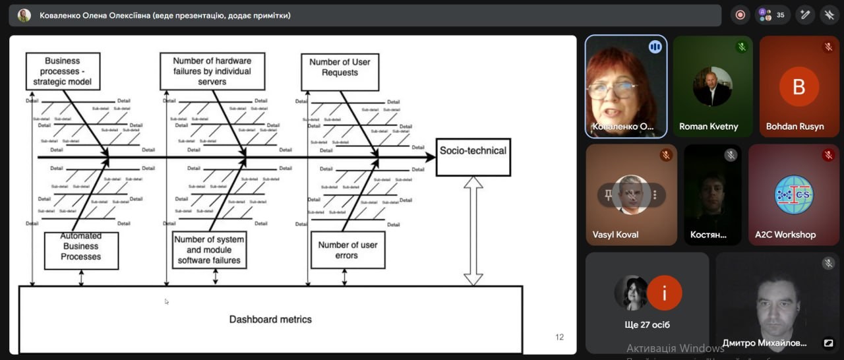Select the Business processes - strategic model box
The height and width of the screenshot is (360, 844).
pos(63,71)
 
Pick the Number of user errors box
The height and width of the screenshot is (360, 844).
pos(347,250)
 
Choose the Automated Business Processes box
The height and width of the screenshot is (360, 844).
pos(81,250)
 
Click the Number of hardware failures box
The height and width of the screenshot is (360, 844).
pos(212,71)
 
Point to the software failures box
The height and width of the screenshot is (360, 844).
pos(209,250)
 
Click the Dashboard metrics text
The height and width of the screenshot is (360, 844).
pos(270,319)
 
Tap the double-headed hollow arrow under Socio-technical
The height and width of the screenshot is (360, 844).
pos(473,231)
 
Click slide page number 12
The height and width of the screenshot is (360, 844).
pos(559,337)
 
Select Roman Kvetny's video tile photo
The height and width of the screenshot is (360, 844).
pos(712,86)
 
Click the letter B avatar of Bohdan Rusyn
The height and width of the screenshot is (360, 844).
pos(799,86)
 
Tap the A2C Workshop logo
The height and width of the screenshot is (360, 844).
pos(794,195)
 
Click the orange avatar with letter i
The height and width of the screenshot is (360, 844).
pos(664,293)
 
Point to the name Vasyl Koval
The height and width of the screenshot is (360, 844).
pos(616,235)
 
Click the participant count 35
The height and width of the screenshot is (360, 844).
pos(780,15)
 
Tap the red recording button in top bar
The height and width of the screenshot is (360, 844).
pos(740,15)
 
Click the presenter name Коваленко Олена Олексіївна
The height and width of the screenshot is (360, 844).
pos(165,15)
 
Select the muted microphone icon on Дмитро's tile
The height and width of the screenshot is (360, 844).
pos(828,264)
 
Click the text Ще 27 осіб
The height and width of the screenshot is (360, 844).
pos(647,324)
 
